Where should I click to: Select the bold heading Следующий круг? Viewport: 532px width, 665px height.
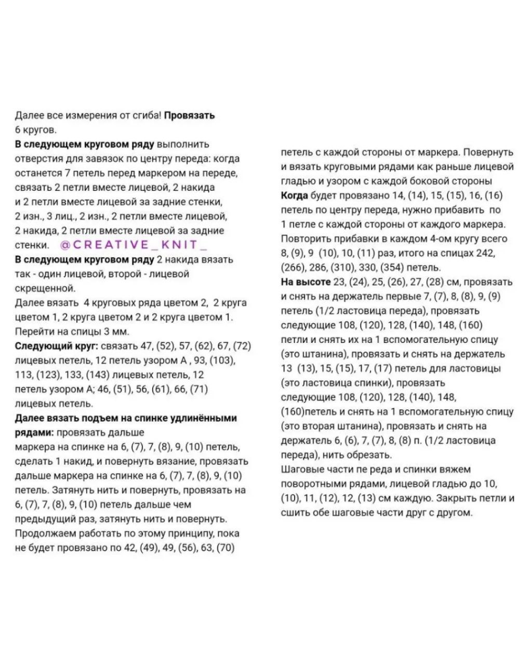tap(56, 346)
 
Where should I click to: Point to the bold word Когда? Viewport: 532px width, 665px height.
tap(294, 196)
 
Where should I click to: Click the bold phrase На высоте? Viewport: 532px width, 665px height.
tap(305, 282)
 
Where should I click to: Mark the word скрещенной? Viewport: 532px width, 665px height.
tap(45, 288)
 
